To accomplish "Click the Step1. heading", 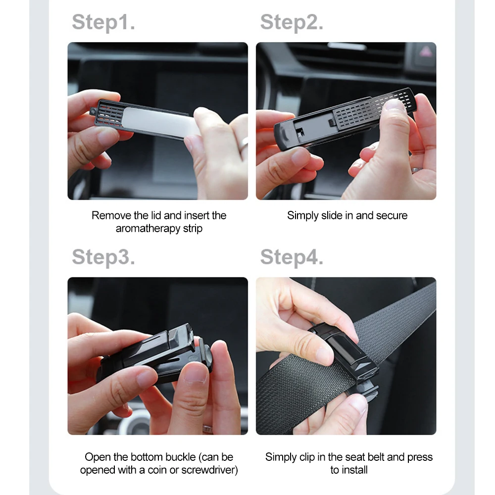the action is [103, 22].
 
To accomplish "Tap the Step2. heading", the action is [292, 22].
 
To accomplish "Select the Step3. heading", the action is [103, 257].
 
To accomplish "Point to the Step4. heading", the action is [292, 257].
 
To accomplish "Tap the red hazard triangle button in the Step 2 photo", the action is [425, 51].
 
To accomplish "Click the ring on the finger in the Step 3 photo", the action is [207, 428].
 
